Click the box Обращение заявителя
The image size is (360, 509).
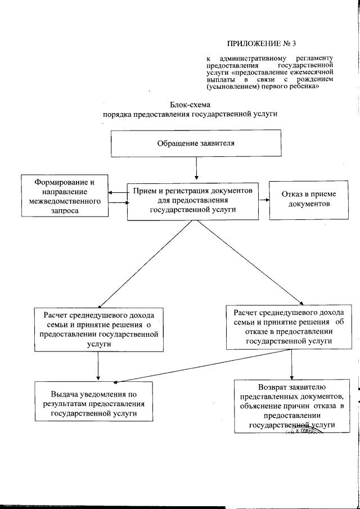[x=196, y=143]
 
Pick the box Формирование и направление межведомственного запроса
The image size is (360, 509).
[x=64, y=196]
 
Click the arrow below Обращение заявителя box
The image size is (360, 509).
[x=196, y=167]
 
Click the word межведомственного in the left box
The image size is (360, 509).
[x=64, y=200]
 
